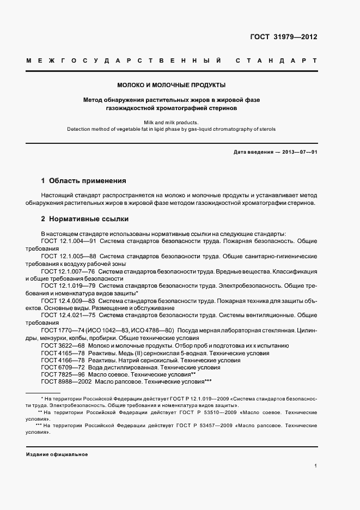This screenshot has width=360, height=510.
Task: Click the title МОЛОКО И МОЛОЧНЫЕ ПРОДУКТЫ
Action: click(x=172, y=85)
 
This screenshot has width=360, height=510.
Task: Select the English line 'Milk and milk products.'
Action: click(x=172, y=123)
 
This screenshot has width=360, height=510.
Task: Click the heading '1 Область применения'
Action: click(x=84, y=180)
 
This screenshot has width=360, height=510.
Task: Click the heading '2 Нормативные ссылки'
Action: click(x=85, y=219)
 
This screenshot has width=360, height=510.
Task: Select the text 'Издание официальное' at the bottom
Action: click(x=57, y=454)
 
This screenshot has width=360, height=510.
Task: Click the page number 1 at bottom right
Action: click(x=315, y=466)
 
